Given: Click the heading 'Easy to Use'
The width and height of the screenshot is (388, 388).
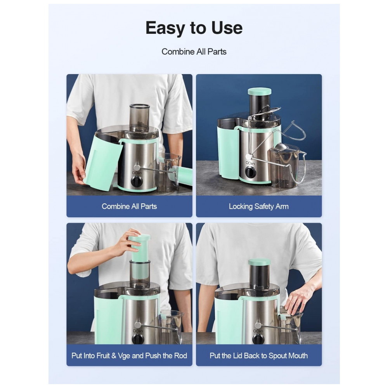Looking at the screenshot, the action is pos(194,28).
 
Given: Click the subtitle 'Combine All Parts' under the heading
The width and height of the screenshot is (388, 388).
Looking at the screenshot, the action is pos(194,52).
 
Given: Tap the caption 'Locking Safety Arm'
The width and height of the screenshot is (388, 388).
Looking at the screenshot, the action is pos(258,206).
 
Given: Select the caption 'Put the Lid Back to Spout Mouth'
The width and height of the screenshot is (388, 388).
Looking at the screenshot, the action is pos(258,355).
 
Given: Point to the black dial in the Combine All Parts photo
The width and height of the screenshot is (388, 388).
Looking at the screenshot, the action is pos(136,182).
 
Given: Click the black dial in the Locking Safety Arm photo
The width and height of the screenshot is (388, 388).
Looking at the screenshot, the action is pos(251,172).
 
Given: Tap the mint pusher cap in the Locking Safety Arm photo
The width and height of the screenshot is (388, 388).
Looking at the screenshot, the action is pos(259,91).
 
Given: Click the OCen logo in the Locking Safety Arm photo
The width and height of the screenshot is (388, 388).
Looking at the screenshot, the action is pos(250,163).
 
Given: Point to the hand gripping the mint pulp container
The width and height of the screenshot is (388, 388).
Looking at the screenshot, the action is pos(79,171).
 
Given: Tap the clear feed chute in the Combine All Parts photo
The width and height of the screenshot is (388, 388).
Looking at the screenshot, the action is pos(140,118).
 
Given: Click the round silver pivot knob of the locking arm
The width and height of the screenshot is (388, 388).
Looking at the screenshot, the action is pos(248,157).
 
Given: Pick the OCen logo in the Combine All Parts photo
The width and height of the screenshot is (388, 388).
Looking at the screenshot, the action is pos(137,173).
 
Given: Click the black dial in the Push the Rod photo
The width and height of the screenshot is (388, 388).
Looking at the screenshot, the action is pos(138,339).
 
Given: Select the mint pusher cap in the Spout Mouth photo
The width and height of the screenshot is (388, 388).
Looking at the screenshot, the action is pos(259,262).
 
